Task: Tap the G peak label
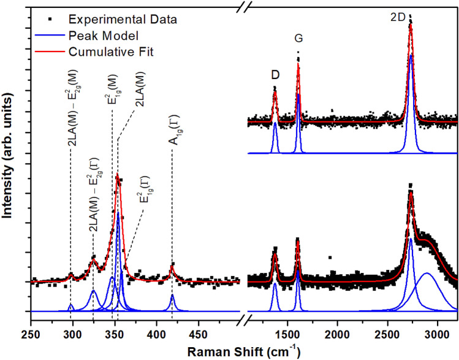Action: tap(298, 39)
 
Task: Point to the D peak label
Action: tap(276, 74)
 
